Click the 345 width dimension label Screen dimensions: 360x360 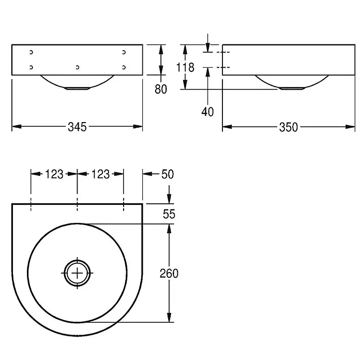(77, 127)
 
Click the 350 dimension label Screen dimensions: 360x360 (289, 127)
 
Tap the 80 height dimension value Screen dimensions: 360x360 (161, 89)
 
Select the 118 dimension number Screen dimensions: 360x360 (185, 67)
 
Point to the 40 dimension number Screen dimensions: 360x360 (207, 112)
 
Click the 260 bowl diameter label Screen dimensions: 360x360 (169, 274)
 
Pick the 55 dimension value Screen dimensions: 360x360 (169, 214)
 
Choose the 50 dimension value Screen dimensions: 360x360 (168, 174)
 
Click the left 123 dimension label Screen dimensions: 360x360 (54, 174)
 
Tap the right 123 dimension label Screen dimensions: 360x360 (100, 174)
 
